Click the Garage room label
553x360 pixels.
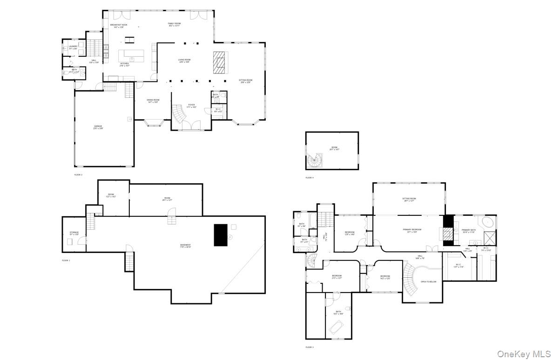coord(98,127)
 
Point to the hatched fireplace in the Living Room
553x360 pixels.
coord(219,62)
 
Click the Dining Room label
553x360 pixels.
coord(153,101)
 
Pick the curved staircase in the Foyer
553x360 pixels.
coord(177,113)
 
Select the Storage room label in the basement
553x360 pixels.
coord(74,233)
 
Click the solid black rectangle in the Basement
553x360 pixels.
coord(221,235)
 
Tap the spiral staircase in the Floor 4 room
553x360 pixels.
coord(315,161)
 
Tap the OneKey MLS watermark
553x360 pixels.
coord(524,354)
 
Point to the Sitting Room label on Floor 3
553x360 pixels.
coord(409,200)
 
